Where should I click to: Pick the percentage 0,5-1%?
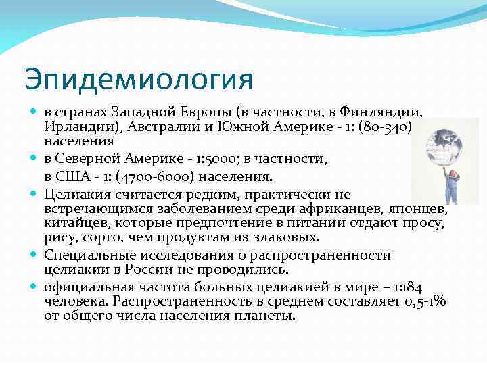point(424,301)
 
